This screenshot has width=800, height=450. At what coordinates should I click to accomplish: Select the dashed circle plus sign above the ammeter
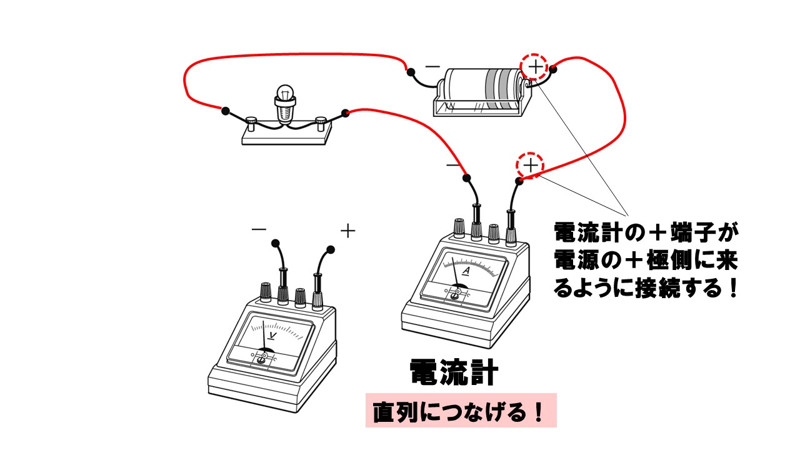tap(529, 166)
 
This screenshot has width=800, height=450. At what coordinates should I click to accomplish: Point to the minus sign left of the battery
tap(432, 66)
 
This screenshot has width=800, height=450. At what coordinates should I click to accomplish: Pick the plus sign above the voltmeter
tap(347, 231)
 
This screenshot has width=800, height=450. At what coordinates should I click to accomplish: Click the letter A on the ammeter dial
tap(465, 272)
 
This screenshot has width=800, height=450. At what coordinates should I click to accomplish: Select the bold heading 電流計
tap(454, 373)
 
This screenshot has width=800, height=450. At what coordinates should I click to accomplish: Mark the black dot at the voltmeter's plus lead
tap(330, 250)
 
